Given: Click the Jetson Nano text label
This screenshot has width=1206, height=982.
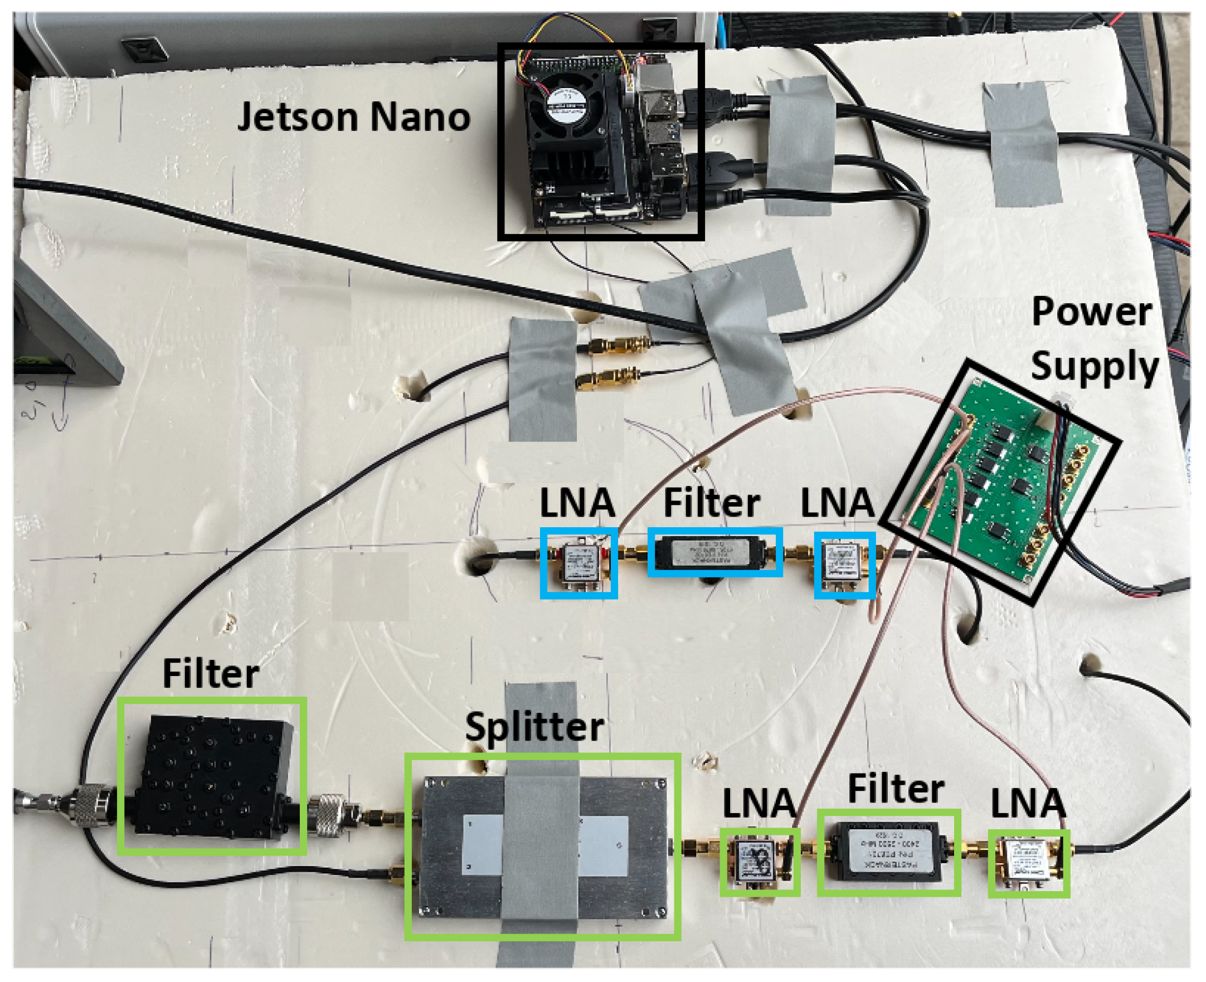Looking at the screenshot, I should click(x=353, y=116).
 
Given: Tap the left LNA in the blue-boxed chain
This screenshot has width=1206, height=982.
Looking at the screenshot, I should click(x=578, y=563).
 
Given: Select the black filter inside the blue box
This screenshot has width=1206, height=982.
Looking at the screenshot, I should click(x=714, y=552).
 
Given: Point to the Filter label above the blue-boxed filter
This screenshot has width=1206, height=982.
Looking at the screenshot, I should click(x=711, y=503).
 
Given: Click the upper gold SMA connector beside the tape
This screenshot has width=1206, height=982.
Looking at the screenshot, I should click(x=614, y=344).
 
